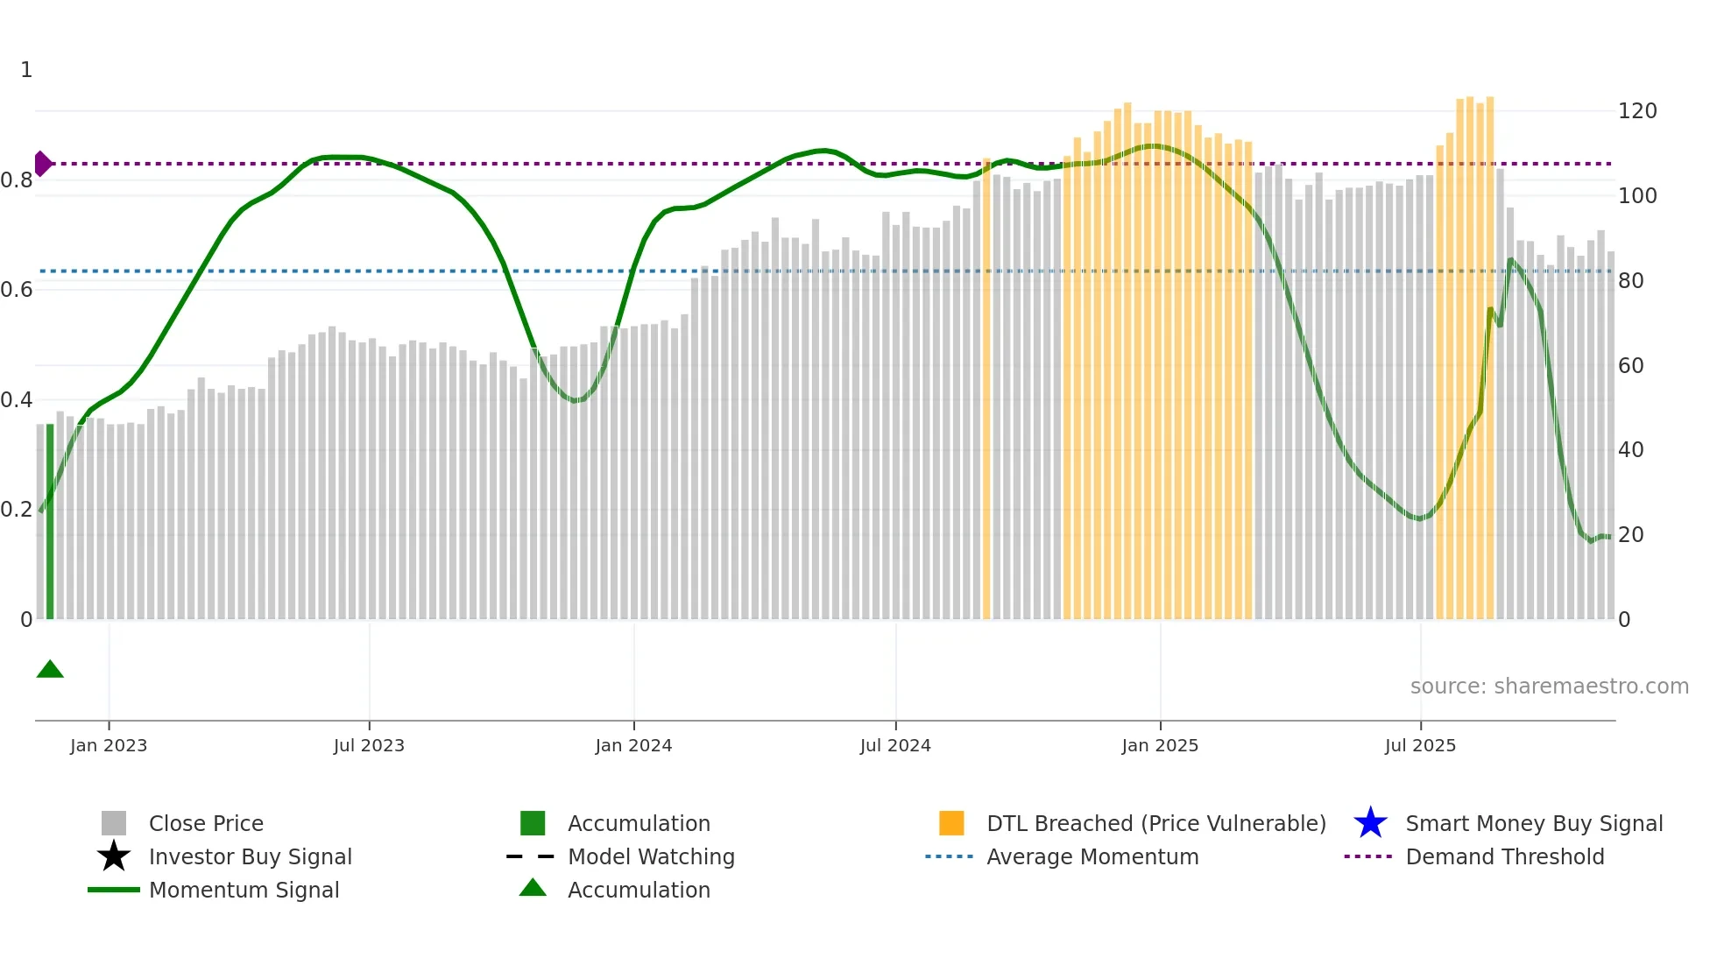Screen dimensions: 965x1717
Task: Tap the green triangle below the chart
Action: pos(50,670)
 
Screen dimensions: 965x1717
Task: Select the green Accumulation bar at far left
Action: pos(50,522)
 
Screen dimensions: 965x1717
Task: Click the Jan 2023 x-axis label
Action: pos(109,745)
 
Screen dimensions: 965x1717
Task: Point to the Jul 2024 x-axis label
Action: pos(895,745)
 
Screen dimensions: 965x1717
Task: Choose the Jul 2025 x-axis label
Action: pos(1420,745)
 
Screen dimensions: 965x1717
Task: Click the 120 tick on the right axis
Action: pos(1637,111)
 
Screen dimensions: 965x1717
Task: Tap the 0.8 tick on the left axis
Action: pos(17,180)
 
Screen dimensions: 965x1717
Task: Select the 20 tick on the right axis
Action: pos(1631,534)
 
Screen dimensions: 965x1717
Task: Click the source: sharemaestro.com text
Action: pos(1549,687)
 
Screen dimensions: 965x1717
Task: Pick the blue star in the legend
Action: pos(1370,823)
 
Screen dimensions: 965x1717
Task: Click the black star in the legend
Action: pos(114,856)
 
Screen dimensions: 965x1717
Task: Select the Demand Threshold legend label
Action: pos(1504,856)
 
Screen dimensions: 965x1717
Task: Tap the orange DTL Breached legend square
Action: pos(951,823)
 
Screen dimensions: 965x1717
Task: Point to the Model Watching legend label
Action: pos(651,856)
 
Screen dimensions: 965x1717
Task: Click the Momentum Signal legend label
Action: pos(244,890)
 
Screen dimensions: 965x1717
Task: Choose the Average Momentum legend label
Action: pos(1092,856)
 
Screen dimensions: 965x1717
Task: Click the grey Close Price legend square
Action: pos(114,823)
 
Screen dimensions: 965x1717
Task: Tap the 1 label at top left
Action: pos(26,70)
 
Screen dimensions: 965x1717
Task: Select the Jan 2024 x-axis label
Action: pos(633,745)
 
